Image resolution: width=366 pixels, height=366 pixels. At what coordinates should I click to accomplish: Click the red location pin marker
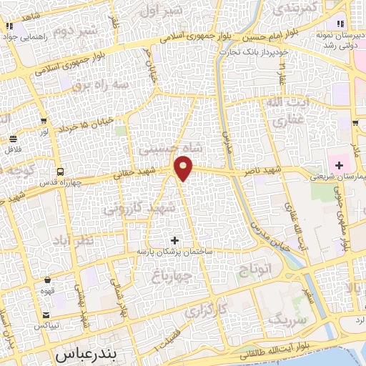[184, 169]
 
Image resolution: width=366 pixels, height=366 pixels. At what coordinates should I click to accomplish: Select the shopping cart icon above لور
[45, 120]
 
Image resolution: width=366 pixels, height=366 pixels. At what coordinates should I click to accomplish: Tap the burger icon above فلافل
[13, 138]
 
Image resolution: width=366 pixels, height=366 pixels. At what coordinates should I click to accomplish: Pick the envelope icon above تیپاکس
[46, 315]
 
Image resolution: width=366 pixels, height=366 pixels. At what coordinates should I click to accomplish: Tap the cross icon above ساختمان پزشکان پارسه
[175, 240]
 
